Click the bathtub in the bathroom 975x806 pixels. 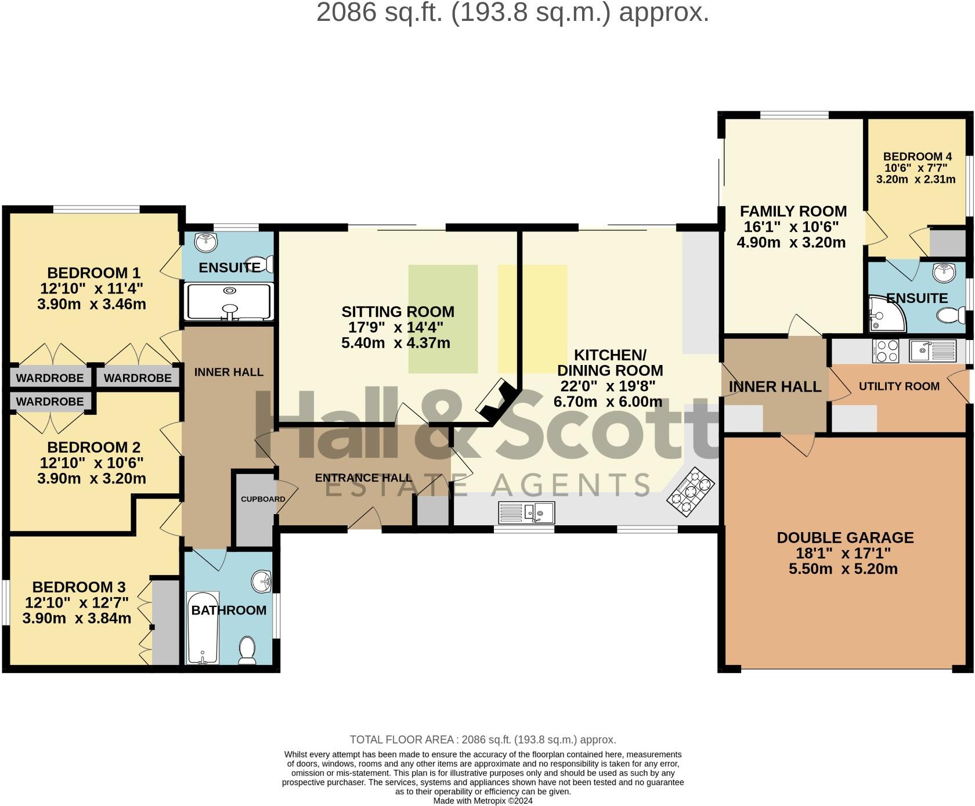pyautogui.click(x=203, y=628)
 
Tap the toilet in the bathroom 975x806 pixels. pyautogui.click(x=248, y=650)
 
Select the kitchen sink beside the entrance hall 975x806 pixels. pyautogui.click(x=527, y=512)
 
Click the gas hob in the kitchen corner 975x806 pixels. pyautogui.click(x=690, y=492)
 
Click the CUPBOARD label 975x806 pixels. pyautogui.click(x=263, y=499)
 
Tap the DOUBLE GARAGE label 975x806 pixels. pyautogui.click(x=845, y=538)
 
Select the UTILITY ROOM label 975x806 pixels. pyautogui.click(x=899, y=386)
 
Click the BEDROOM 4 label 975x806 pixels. pyautogui.click(x=917, y=157)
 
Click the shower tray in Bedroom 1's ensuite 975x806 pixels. pyautogui.click(x=228, y=301)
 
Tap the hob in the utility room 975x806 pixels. pyautogui.click(x=885, y=351)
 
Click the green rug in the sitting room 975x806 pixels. pyautogui.click(x=443, y=319)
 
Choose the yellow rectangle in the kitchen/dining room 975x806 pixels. pyautogui.click(x=532, y=319)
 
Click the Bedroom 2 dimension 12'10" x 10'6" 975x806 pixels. pyautogui.click(x=92, y=463)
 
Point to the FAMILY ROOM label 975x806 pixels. pyautogui.click(x=793, y=211)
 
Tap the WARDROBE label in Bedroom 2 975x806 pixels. pyautogui.click(x=50, y=402)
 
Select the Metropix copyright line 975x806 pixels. pyautogui.click(x=483, y=801)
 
